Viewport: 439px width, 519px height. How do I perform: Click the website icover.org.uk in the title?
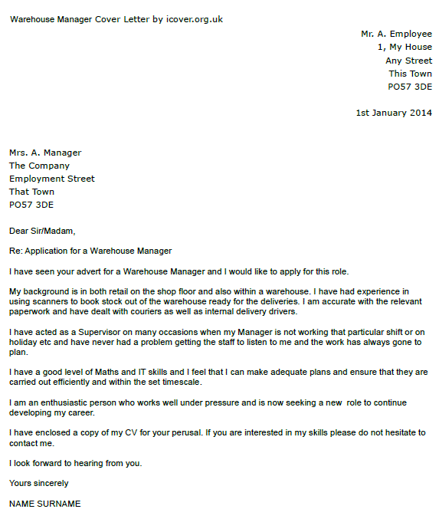(x=194, y=19)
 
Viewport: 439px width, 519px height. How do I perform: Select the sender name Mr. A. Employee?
(x=396, y=34)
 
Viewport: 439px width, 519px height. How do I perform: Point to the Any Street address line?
(x=408, y=61)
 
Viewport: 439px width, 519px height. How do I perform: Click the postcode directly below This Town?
(x=410, y=87)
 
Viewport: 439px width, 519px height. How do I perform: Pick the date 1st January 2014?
(x=394, y=113)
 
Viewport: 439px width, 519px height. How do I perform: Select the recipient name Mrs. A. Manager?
(x=45, y=153)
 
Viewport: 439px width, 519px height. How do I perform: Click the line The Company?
(x=39, y=166)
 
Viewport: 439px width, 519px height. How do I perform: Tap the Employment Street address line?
(x=52, y=179)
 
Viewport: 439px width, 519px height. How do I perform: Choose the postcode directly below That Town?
(x=31, y=205)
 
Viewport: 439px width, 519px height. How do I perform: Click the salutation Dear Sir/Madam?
(x=42, y=231)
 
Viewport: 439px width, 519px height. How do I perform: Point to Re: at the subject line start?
(x=16, y=251)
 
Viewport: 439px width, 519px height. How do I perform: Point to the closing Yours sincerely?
(x=38, y=483)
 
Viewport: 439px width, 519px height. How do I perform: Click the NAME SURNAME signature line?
(x=44, y=504)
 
